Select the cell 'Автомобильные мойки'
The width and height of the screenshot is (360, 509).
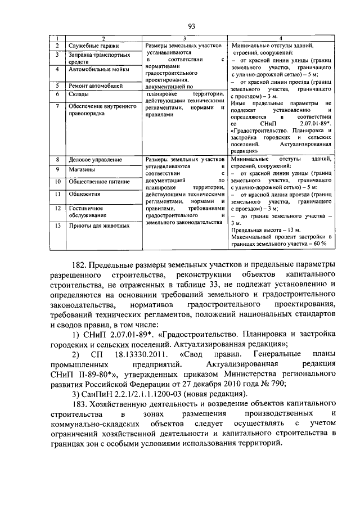point(99,69)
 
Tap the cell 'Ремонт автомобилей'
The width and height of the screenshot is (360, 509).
point(96,85)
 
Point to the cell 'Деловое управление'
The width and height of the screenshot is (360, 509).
point(95,160)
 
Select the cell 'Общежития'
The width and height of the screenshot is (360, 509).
point(84,194)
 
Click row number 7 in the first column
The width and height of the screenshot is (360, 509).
point(57,105)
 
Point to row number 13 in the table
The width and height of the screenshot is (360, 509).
point(57,226)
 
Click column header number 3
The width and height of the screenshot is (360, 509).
point(184,37)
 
